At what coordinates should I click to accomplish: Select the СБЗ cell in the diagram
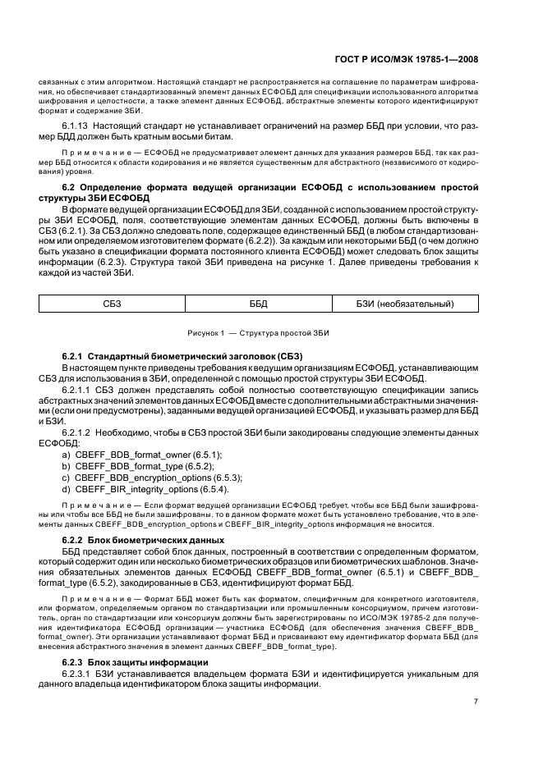pyautogui.click(x=112, y=304)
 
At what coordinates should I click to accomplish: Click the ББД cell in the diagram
pyautogui.click(x=259, y=304)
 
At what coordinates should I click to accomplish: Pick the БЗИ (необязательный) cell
pyautogui.click(x=405, y=304)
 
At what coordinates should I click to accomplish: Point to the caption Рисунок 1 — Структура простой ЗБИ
pyautogui.click(x=259, y=333)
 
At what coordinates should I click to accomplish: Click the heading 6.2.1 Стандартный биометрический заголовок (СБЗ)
pyautogui.click(x=182, y=356)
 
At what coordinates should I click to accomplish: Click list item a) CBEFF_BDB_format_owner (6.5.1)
pyautogui.click(x=141, y=453)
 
